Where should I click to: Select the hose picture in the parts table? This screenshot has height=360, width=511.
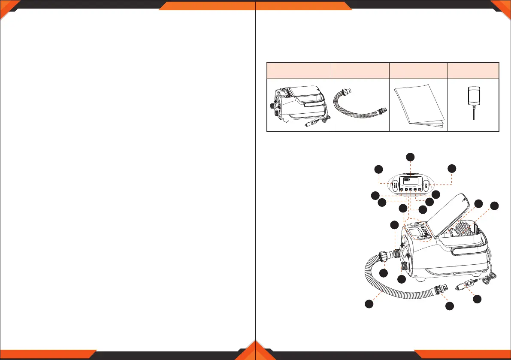360,105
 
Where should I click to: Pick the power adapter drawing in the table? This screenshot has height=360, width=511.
474,103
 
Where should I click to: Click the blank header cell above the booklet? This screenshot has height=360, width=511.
418,70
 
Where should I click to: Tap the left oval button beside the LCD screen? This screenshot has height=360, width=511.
394,186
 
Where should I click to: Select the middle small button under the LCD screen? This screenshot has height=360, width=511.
411,189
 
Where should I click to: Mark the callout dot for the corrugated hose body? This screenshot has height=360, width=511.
368,303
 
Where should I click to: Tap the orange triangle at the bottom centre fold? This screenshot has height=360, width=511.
255,350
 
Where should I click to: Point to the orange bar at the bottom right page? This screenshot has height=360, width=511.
461,355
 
